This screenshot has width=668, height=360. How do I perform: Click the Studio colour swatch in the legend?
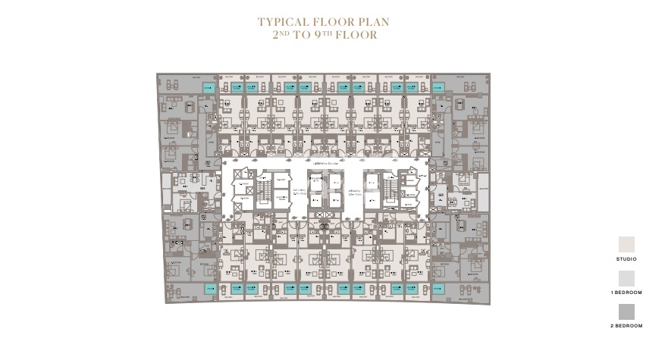click(x=626, y=244)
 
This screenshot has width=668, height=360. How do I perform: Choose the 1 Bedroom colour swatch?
click(x=626, y=278)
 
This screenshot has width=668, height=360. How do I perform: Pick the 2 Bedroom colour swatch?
click(x=626, y=311)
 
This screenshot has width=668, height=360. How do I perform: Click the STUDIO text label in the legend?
click(x=626, y=259)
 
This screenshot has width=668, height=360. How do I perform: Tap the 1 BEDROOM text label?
click(x=626, y=293)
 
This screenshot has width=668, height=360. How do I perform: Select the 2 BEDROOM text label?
click(x=626, y=326)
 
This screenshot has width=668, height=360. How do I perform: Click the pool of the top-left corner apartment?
click(x=209, y=88)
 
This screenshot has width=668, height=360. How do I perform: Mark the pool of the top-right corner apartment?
click(x=438, y=88)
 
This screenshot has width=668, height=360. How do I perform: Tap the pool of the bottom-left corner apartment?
click(x=209, y=289)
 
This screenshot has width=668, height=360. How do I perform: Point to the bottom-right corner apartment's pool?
click(x=438, y=289)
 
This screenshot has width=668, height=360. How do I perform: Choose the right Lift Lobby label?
click(x=353, y=193)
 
